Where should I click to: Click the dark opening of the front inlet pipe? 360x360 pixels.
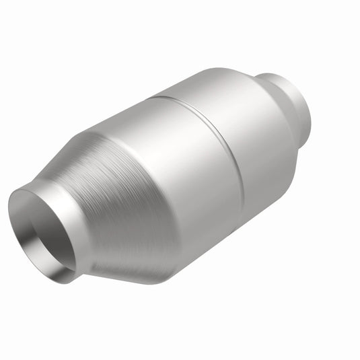click(x=42, y=222)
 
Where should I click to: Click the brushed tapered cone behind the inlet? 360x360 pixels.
click(x=114, y=195)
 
